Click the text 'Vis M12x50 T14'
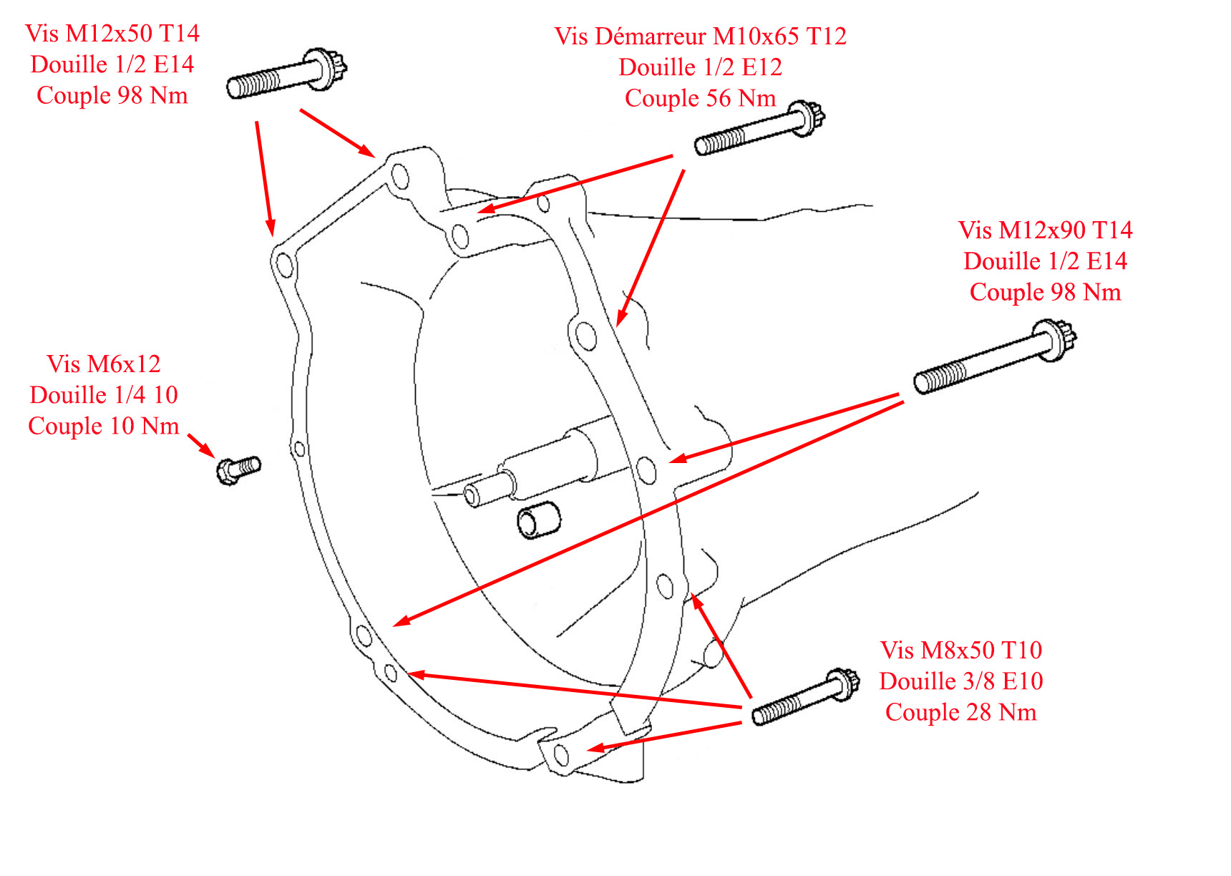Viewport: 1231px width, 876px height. coord(112,33)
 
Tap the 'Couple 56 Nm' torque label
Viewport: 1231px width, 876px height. coord(700,98)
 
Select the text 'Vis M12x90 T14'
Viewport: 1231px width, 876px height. coord(1045,230)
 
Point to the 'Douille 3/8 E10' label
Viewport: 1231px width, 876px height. coord(960,681)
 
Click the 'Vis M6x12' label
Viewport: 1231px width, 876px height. coord(104,364)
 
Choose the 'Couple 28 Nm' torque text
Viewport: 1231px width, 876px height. coord(960,712)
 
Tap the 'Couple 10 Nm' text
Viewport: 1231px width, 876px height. coord(104,426)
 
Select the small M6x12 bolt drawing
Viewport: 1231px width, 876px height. coord(238,469)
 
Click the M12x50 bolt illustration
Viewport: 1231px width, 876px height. coord(286,74)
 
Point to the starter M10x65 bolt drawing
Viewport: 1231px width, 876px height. coord(759,129)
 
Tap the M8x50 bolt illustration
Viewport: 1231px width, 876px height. coord(805,697)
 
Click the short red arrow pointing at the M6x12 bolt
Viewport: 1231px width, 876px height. coord(200,444)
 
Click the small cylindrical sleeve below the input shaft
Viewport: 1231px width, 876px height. coord(538,520)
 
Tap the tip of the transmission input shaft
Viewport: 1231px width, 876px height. coord(474,495)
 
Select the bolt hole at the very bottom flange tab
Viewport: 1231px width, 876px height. coord(562,755)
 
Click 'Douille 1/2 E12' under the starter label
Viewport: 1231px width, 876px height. coord(700,67)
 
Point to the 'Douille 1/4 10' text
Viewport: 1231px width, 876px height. coord(104,395)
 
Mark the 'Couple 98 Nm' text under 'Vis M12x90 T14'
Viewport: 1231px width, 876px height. coord(1045,292)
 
